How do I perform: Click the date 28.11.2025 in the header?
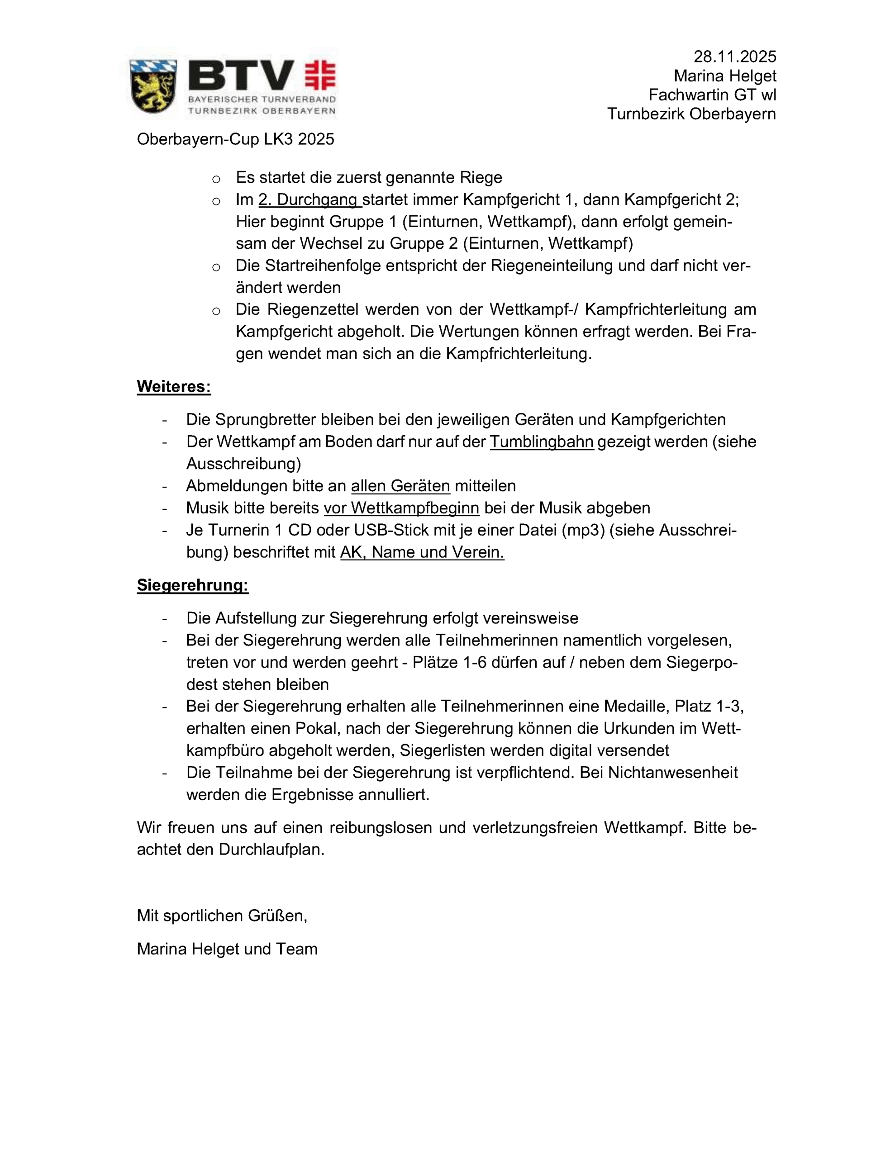point(734,57)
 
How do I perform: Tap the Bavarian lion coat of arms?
point(153,85)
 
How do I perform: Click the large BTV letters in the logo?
point(241,76)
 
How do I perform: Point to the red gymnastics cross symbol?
point(320,75)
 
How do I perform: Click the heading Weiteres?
point(173,387)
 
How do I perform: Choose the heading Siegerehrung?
point(192,585)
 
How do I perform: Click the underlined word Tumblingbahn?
point(541,441)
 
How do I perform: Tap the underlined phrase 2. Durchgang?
point(309,199)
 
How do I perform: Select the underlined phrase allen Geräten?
point(400,486)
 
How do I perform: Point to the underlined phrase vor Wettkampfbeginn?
point(401,508)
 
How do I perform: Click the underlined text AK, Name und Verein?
point(422,552)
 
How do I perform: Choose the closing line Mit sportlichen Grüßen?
point(222,916)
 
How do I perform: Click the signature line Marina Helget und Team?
point(227,949)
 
